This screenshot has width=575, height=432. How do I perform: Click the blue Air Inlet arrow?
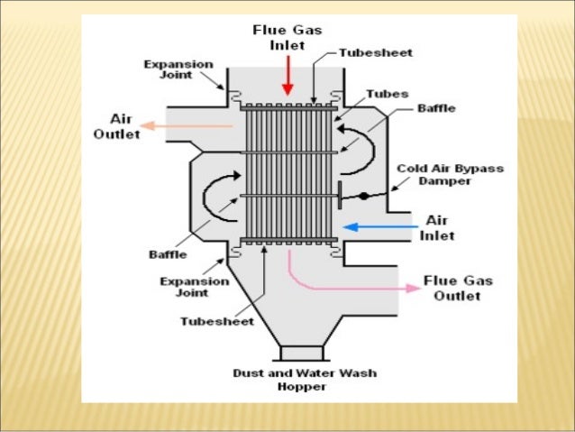[x=379, y=226]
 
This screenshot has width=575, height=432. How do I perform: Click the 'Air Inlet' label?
[x=438, y=227]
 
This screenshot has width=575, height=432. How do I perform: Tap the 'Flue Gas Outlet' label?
[x=458, y=288]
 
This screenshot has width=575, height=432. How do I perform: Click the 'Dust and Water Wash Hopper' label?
[x=304, y=379]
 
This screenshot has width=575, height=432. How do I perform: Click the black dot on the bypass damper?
[x=362, y=195]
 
